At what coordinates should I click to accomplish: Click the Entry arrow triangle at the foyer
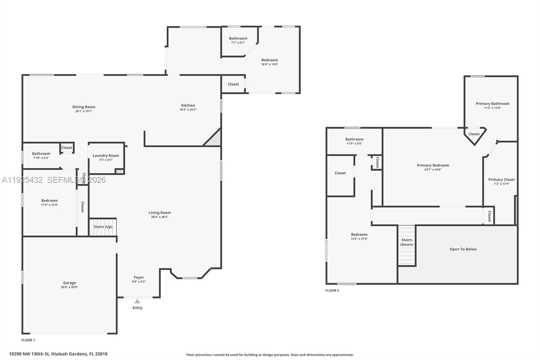(137, 301)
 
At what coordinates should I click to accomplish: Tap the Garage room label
(70, 283)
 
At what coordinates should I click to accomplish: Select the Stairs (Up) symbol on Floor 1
(103, 227)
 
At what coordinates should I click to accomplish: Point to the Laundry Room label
(106, 156)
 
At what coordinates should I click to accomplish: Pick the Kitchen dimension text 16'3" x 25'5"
(188, 110)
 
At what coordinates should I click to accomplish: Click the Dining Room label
(84, 107)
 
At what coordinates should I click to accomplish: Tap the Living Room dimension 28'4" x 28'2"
(160, 217)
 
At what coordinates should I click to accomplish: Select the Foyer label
(139, 277)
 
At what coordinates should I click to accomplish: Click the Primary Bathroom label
(492, 104)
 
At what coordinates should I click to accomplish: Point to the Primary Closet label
(502, 180)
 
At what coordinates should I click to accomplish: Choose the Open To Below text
(463, 249)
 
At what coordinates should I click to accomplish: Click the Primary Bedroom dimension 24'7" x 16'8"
(433, 170)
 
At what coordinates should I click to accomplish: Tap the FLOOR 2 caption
(332, 290)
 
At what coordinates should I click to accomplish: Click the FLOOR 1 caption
(28, 340)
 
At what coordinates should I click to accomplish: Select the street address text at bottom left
(58, 354)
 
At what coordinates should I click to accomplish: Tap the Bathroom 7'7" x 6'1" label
(238, 38)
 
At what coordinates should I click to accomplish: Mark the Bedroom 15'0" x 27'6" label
(359, 234)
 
